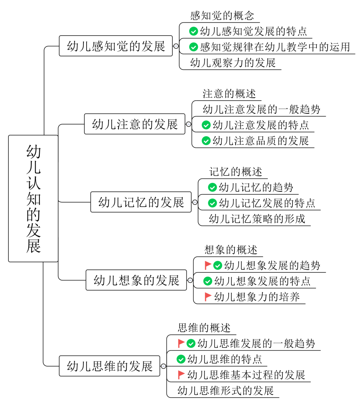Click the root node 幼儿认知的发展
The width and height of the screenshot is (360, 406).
[x=33, y=198]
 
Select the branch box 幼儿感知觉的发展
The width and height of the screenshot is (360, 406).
[x=116, y=46]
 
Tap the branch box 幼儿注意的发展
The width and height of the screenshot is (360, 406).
[x=135, y=124]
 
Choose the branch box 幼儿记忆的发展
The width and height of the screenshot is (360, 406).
[x=141, y=202]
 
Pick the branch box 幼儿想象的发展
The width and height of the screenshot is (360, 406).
[x=136, y=280]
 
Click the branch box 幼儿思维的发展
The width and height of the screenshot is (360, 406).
[x=110, y=366]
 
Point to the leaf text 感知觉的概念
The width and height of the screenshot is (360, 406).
[x=222, y=16]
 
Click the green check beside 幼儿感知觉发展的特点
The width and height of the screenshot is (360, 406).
[x=194, y=31]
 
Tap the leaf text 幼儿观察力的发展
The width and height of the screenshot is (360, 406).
[x=233, y=63]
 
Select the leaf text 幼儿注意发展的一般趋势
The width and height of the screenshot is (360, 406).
[x=261, y=109]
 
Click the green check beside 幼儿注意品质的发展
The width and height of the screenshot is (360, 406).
[x=206, y=141]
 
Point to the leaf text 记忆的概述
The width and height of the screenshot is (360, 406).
[x=236, y=172]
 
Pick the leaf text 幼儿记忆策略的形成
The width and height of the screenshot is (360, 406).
[x=257, y=219]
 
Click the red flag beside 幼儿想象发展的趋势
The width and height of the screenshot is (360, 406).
[x=208, y=265]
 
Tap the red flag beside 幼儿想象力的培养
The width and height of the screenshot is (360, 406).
[x=208, y=296]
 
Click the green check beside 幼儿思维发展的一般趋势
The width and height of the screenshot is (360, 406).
[x=191, y=343]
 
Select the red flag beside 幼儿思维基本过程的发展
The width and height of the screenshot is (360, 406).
[x=181, y=374]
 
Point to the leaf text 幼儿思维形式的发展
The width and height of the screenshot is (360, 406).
[x=226, y=390]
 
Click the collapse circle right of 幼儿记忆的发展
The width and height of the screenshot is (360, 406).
[x=195, y=202]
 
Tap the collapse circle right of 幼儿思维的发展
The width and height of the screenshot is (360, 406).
[x=163, y=366]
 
